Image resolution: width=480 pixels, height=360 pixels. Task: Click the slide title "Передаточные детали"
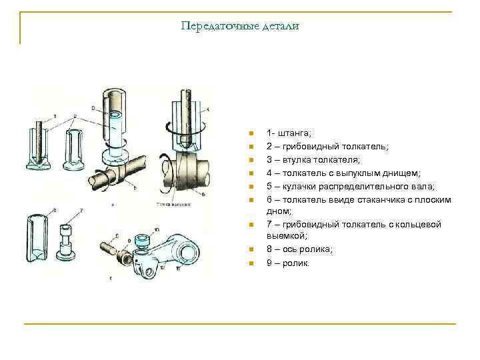[240, 26]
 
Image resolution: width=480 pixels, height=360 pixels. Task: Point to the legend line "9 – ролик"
[287, 263]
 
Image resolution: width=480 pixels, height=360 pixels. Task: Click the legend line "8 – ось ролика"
[299, 249]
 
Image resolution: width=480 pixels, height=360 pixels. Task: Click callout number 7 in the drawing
[81, 211]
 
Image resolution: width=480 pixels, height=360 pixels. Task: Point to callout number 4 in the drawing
[207, 109]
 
